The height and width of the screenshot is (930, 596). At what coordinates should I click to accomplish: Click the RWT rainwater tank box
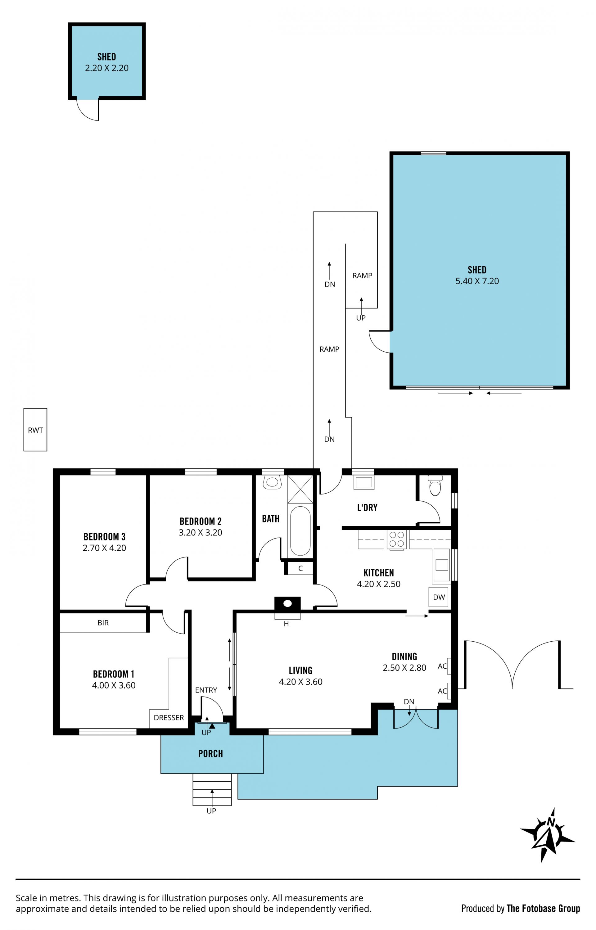35,430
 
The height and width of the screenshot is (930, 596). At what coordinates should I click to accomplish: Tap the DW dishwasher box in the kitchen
439,597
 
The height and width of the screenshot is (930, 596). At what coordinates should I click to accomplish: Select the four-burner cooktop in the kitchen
397,539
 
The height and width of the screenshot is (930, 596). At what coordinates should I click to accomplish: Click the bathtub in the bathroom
300,530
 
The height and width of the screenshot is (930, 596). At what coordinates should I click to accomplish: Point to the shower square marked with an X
300,489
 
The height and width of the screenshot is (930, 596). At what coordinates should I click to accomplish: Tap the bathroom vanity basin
272,482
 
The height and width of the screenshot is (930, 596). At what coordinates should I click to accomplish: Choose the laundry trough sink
364,482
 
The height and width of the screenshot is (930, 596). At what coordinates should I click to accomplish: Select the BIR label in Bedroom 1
103,623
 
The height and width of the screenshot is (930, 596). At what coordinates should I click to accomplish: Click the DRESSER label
169,718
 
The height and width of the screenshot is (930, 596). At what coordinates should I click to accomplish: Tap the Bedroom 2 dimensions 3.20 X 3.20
201,533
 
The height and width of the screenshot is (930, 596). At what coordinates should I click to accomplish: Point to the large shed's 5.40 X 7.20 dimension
477,281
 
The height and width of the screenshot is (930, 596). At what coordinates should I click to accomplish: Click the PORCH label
210,753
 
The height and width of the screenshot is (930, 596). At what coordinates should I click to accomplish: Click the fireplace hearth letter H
287,624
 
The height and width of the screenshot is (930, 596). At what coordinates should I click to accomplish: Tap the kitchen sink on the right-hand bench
442,565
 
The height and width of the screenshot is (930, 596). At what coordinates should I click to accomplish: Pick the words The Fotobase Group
543,908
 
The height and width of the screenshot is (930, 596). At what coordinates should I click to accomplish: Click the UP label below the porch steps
211,811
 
